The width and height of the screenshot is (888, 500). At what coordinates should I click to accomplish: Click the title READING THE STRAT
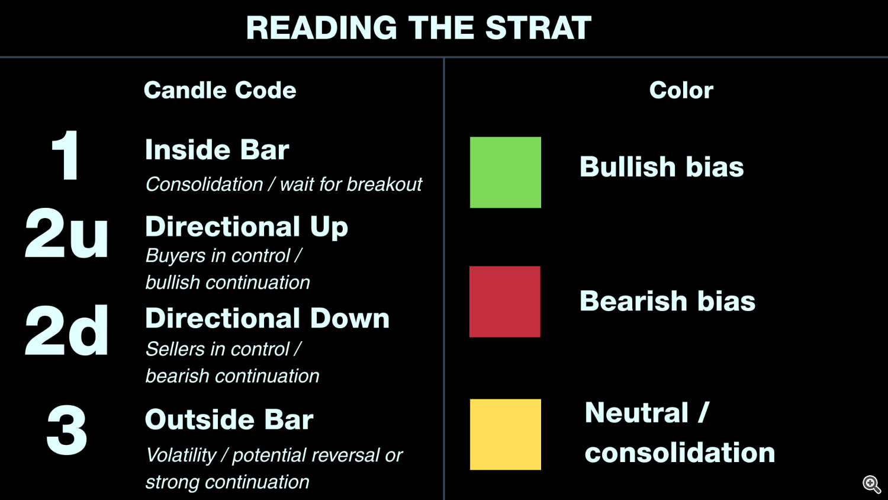coord(419,28)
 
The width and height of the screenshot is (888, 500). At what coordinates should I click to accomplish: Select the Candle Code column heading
coord(220,90)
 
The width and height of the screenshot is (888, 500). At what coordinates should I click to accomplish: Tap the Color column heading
coord(681,90)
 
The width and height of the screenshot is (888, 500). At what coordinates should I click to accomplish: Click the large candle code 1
coord(65,155)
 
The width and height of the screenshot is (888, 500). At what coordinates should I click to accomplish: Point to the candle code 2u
coord(66,233)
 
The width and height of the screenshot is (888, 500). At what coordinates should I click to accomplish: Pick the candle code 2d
coord(66,330)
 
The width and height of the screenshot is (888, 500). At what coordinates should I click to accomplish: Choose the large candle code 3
coord(66,430)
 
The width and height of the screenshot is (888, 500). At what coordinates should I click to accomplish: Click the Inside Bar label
coord(217,150)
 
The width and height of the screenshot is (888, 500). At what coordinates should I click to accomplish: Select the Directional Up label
coord(247,227)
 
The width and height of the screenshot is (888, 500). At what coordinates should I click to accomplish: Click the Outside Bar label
coord(229,419)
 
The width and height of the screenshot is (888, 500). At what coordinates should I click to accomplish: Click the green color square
coord(506,172)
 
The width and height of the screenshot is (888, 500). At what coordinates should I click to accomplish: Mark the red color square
coord(504,302)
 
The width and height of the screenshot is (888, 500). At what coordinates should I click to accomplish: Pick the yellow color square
coord(506,434)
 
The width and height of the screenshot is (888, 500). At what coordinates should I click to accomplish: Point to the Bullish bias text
coord(662,166)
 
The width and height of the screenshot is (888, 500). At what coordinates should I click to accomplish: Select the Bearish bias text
coord(667,300)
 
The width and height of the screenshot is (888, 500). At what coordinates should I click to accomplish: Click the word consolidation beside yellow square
coord(680,453)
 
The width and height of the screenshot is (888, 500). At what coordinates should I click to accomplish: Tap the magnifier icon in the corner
coord(872,485)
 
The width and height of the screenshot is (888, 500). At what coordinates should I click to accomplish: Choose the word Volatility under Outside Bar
coord(181,455)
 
